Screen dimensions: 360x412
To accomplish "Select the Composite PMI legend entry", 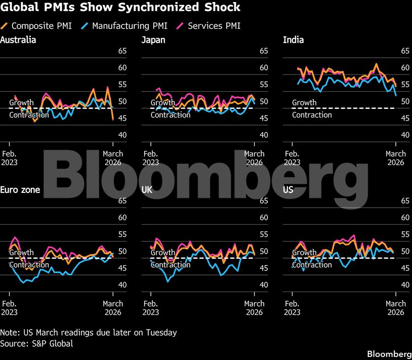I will click(38, 25).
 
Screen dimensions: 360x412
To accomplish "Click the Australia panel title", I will click(18, 39).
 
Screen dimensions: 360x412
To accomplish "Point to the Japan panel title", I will click(153, 39).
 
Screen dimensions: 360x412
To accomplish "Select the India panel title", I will click(294, 39).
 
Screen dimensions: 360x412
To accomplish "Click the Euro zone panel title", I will click(20, 190).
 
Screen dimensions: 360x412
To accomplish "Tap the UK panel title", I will click(147, 190).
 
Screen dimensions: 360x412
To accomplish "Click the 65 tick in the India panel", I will click(404, 51).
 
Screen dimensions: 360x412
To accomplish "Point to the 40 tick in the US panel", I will click(404, 285).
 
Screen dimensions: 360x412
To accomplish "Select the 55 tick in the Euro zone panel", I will click(122, 234).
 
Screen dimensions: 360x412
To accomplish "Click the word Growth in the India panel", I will click(304, 103).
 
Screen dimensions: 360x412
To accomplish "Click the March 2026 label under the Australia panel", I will click(113, 158).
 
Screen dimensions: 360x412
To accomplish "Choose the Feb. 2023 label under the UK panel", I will click(150, 308).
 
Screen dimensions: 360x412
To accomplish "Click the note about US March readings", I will click(89, 333).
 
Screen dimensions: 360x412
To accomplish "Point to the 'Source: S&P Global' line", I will click(36, 344).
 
